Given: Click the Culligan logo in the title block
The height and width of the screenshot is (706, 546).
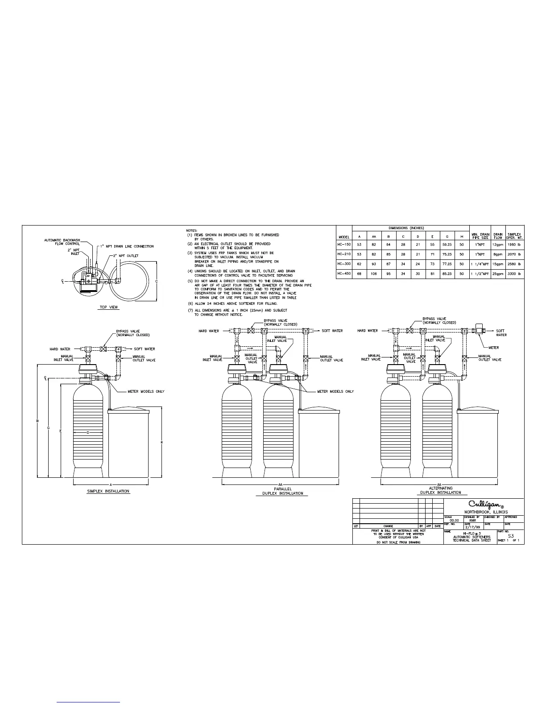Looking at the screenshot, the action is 484,505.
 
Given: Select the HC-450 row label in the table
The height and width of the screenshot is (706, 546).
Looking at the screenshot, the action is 344,274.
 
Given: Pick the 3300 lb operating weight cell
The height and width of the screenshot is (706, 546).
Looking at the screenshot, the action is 514,274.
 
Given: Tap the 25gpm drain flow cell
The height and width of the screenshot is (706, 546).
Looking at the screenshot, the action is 498,274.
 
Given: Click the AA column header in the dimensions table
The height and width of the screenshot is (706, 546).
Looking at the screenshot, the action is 374,237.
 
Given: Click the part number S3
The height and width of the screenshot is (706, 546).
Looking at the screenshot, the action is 511,536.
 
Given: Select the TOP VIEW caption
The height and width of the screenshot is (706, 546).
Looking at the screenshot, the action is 109,307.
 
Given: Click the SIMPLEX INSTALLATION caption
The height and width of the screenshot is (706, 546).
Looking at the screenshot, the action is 108,491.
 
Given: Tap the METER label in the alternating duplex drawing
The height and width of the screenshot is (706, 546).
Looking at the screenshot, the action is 493,348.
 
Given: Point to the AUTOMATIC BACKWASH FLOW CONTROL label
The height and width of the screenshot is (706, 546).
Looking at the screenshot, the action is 62,242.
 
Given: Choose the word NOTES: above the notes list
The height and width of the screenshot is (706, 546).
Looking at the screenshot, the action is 192,230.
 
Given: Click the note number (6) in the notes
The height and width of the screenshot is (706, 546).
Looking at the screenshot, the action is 190,304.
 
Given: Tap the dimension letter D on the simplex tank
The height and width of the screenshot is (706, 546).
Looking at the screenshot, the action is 88,432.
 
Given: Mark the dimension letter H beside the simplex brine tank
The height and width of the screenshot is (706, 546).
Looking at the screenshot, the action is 161,442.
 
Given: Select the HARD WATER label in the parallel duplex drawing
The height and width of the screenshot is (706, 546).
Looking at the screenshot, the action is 209,331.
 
